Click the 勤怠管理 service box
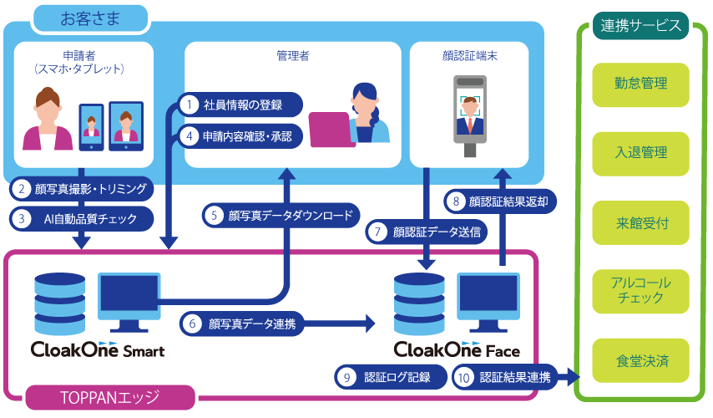click(640, 84)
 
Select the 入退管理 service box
click(640, 153)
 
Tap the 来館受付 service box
click(640, 223)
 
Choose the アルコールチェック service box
click(640, 292)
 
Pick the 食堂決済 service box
click(640, 361)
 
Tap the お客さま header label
click(91, 18)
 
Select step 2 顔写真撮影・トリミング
click(83, 189)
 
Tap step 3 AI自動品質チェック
click(83, 218)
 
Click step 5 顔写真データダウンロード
click(281, 215)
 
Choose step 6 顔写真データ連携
click(242, 323)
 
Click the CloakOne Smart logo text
click(97, 350)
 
